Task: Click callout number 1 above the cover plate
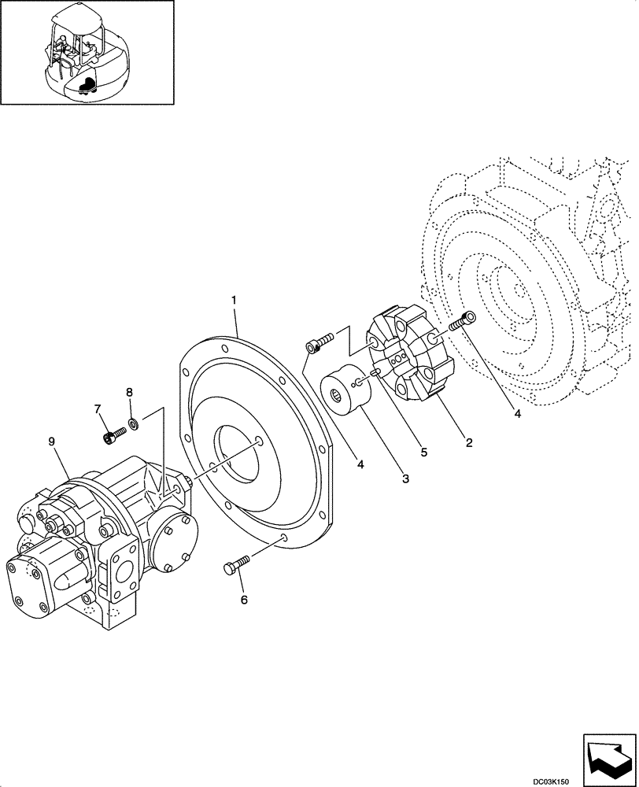click(x=234, y=300)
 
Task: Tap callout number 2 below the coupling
click(x=468, y=442)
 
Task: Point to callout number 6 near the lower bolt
click(x=243, y=600)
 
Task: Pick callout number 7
click(x=98, y=408)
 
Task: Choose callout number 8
click(x=129, y=392)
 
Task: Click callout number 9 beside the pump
click(x=52, y=442)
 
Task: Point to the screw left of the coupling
click(x=319, y=341)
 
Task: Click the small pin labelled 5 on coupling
click(x=376, y=371)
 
